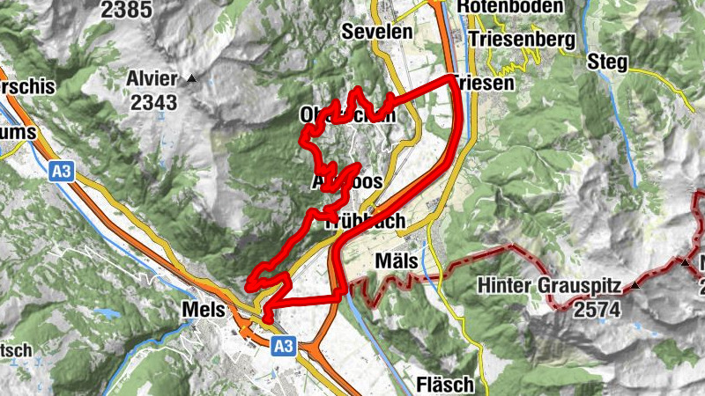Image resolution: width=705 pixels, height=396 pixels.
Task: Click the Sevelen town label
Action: [x=376, y=33]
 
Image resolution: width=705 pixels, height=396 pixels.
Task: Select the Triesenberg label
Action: [x=522, y=40]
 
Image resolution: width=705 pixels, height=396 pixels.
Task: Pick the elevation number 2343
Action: [x=153, y=102]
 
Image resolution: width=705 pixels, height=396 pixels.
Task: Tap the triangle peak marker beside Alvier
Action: [x=192, y=78]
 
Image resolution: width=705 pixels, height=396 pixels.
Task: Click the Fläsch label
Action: [x=445, y=385]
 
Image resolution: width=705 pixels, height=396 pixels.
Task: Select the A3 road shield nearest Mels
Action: [x=282, y=347]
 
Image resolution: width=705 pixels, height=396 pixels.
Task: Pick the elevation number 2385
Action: [x=124, y=10]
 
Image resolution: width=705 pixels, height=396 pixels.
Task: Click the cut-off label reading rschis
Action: [x=27, y=87]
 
